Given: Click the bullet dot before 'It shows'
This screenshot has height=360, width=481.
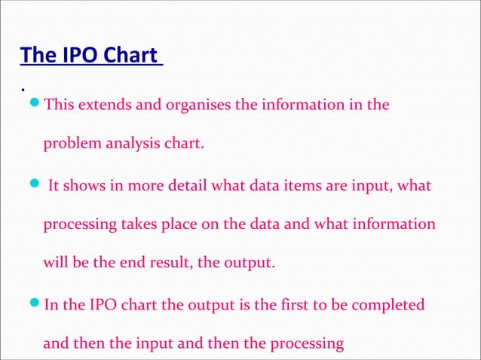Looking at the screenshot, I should [35, 185].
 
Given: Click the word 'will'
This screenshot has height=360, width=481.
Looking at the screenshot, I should [55, 264].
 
